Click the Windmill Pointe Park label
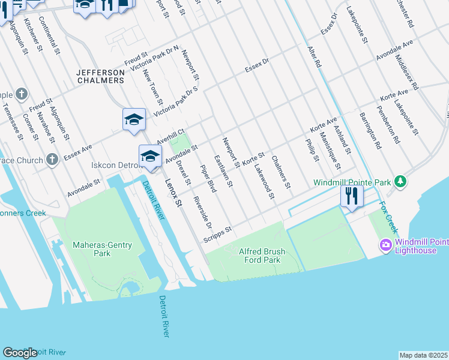coord(352,182)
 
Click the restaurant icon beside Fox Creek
coord(352,197)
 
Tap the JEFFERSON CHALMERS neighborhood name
coord(101,77)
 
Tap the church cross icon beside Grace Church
coord(53,160)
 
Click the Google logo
coord(20,353)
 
